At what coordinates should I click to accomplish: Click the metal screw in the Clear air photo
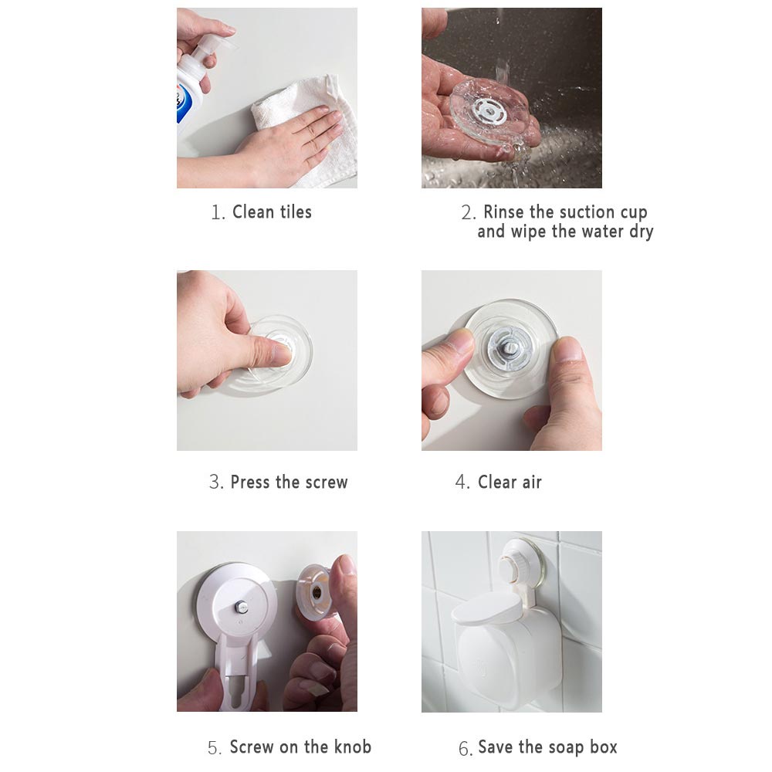[509, 348]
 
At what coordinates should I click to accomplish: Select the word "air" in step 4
[532, 482]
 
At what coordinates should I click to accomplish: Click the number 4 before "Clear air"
[462, 482]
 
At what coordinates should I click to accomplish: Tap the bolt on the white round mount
[241, 606]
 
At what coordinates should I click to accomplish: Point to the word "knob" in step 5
[353, 747]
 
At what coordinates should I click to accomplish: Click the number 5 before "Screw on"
[214, 748]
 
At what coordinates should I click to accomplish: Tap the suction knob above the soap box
[516, 566]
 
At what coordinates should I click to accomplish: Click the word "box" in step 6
[604, 747]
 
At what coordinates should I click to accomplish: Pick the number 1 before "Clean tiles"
[217, 213]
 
